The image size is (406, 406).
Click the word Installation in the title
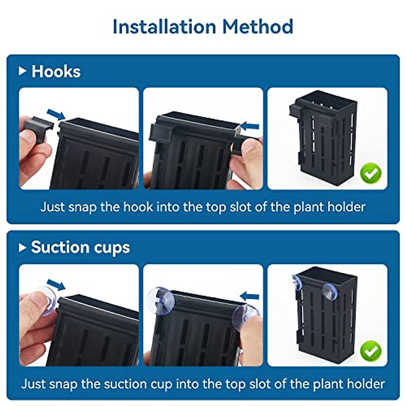(164, 27)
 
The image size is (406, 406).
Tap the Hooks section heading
(56, 72)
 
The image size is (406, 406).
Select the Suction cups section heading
(80, 247)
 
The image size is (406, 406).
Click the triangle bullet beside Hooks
(22, 71)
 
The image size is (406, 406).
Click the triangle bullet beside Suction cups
(22, 248)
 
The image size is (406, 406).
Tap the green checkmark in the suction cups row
(371, 351)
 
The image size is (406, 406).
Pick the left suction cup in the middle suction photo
(160, 300)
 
